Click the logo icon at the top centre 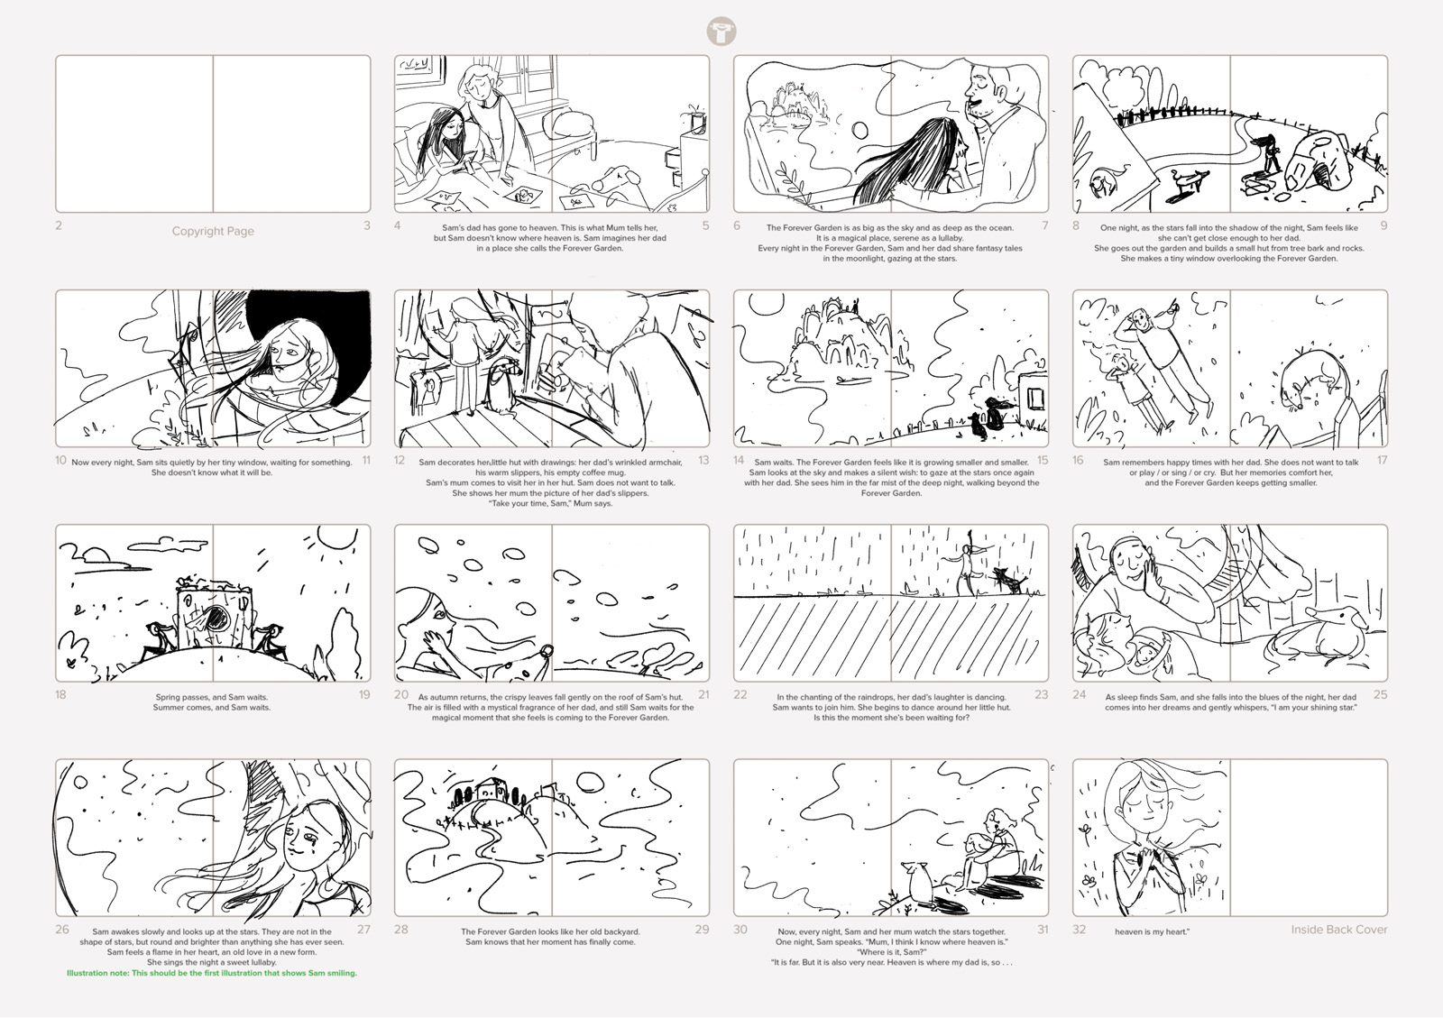pyautogui.click(x=721, y=32)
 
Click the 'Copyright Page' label pyautogui.click(x=213, y=231)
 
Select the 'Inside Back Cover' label pyautogui.click(x=1338, y=929)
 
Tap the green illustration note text pyautogui.click(x=212, y=973)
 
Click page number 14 pyautogui.click(x=739, y=460)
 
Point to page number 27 pyautogui.click(x=363, y=929)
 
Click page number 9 pyautogui.click(x=1383, y=225)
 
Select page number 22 pyautogui.click(x=740, y=694)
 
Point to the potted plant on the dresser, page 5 pyautogui.click(x=695, y=119)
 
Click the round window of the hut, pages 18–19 pyautogui.click(x=216, y=619)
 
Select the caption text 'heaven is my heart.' pyautogui.click(x=1152, y=931)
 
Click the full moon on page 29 pyautogui.click(x=589, y=784)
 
